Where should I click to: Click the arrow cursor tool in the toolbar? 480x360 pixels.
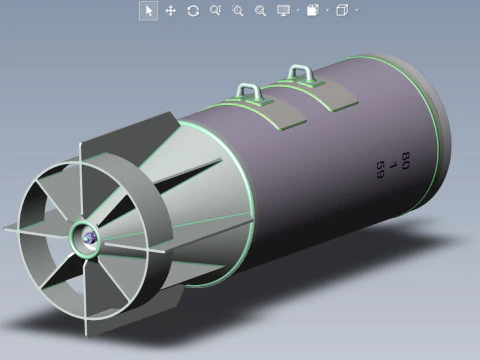click(148, 10)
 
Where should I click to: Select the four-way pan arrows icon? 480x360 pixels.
click(170, 10)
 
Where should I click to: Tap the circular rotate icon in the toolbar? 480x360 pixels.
click(192, 10)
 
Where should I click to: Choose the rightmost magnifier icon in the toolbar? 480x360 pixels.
click(260, 10)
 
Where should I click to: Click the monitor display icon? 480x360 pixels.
click(283, 10)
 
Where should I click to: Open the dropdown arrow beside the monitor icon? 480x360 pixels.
click(297, 11)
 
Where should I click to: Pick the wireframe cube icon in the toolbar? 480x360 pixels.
click(342, 10)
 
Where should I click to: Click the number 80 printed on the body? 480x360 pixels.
click(405, 157)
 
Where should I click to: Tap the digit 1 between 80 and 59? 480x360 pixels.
click(393, 164)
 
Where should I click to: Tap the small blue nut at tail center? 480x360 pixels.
click(89, 237)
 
